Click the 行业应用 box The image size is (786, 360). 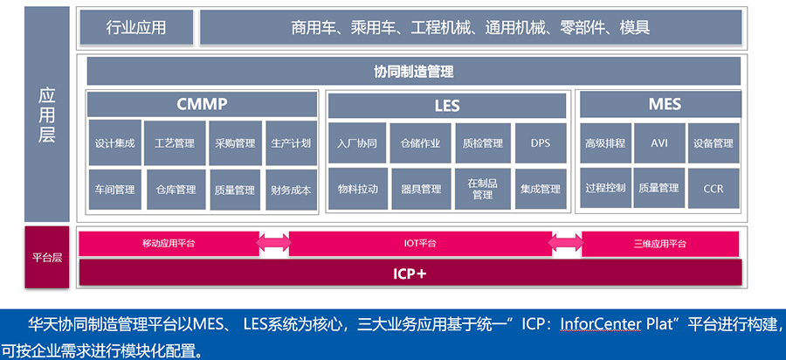(135, 27)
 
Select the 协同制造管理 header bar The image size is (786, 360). (413, 72)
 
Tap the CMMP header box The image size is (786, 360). (202, 105)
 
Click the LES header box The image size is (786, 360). (446, 106)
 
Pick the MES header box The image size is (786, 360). (665, 105)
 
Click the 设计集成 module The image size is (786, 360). (114, 143)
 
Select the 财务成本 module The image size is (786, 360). (291, 189)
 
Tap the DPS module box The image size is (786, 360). (540, 143)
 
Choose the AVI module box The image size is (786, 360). (659, 142)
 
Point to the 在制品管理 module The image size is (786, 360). (482, 189)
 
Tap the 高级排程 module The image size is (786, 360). (605, 142)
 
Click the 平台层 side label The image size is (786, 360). (46, 258)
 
